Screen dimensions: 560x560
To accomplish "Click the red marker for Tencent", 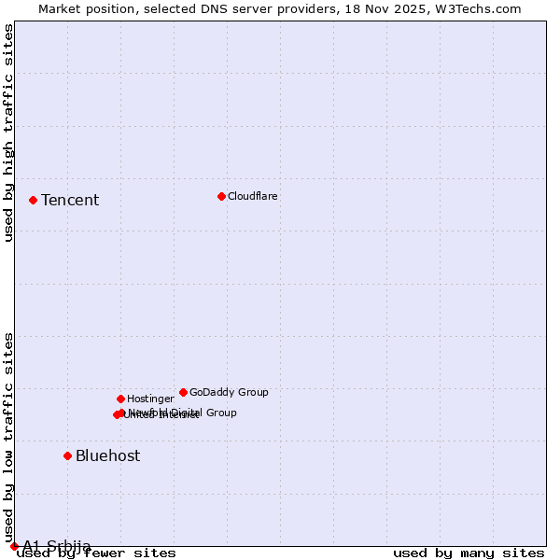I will click(x=33, y=200).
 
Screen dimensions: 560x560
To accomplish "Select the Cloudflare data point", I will click(x=221, y=196).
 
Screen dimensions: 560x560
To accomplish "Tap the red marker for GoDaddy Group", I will click(x=183, y=392).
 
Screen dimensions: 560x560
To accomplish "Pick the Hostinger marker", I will click(x=120, y=399).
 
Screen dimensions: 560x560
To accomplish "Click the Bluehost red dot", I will click(x=67, y=455).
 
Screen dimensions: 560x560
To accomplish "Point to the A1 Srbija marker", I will click(x=14, y=546).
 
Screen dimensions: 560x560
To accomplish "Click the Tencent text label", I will click(x=70, y=200).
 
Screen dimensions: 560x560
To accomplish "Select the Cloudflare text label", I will click(x=252, y=196).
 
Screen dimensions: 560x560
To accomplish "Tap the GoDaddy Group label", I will click(x=229, y=392).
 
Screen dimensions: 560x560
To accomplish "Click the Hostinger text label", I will click(x=150, y=399).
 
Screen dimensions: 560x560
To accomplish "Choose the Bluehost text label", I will click(x=108, y=455).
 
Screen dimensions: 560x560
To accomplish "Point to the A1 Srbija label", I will click(x=57, y=546).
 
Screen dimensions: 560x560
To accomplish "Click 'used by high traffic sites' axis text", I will click(x=9, y=133).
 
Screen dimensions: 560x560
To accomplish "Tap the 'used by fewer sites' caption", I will click(x=96, y=553).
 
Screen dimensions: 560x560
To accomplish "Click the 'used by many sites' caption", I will click(x=469, y=553).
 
